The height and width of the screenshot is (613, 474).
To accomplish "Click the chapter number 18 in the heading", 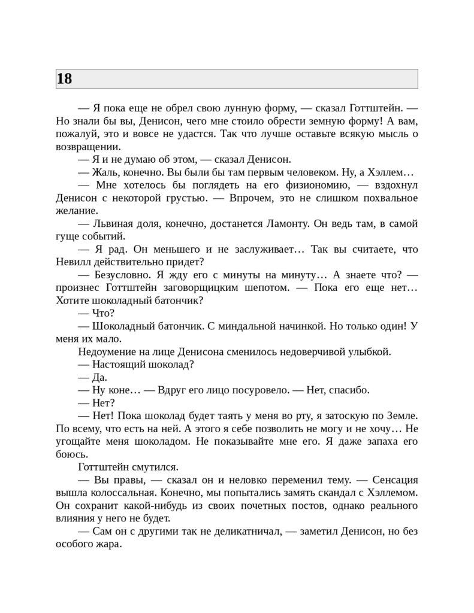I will click(x=64, y=79).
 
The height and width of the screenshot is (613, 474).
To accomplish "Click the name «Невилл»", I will click(x=73, y=262).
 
